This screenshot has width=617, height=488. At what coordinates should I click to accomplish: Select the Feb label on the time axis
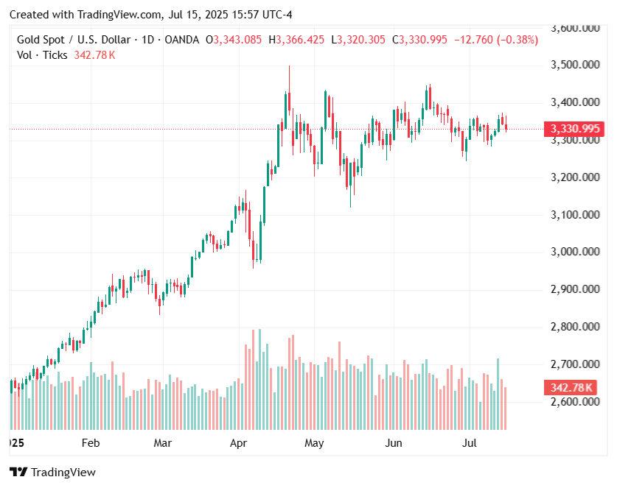[x=90, y=443]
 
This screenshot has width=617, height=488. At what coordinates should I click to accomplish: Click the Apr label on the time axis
[x=238, y=443]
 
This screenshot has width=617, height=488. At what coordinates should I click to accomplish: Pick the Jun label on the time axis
[x=394, y=443]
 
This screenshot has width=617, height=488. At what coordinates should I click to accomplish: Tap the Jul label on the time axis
[x=470, y=443]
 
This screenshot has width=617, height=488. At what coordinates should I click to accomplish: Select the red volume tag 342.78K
[x=571, y=387]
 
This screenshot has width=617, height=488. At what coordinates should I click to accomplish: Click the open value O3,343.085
[x=233, y=40]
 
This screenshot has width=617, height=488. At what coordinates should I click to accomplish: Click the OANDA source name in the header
[x=181, y=40]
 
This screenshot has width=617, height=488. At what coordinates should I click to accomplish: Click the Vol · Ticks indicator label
[x=42, y=55]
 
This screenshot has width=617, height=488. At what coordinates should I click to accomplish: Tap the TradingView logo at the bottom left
[x=52, y=473]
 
